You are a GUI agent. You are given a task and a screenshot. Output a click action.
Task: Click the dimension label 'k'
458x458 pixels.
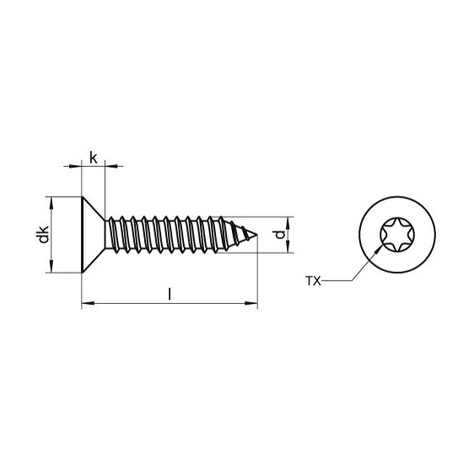tap(93, 156)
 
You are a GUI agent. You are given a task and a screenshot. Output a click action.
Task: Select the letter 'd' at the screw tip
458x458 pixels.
tap(280, 234)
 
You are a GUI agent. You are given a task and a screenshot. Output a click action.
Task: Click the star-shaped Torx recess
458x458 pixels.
tap(393, 236)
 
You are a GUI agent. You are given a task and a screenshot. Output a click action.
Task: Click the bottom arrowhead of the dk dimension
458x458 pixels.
tap(53, 269)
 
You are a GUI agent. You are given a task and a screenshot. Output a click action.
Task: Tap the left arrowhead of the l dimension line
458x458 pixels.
tap(85, 303)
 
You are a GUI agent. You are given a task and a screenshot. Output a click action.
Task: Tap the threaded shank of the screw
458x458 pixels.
tap(169, 235)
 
